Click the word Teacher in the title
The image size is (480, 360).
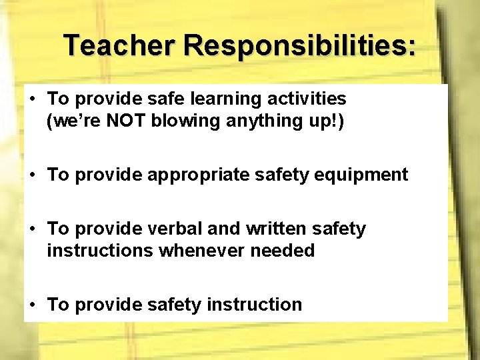click(119, 45)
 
